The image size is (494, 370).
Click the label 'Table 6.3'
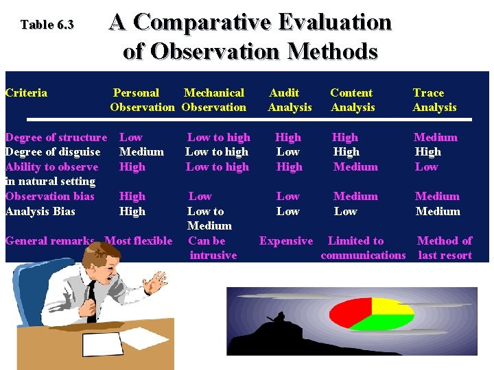[x=47, y=25]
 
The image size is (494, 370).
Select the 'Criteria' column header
[x=26, y=92]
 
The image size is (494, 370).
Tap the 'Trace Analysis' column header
[x=434, y=100]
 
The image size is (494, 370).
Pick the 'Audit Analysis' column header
[x=289, y=100]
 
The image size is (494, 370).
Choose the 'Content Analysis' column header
[x=352, y=100]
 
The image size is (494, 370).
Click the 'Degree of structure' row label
[x=56, y=137]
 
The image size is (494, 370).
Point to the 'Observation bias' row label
[x=50, y=196]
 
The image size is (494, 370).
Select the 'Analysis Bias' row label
[x=40, y=211]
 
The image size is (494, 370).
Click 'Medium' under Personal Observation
[x=141, y=151]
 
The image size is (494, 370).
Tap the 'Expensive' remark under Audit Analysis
[x=285, y=241]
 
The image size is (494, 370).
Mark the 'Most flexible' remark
[x=138, y=241]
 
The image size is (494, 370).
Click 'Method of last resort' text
[x=445, y=248]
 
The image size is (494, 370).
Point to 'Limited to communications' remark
[x=363, y=248]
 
